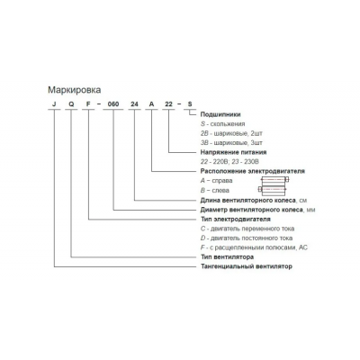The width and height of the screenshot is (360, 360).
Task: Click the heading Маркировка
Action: pos(75,90)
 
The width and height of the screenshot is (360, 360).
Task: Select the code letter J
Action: pos(54,104)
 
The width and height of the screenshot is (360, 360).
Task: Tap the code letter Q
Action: pos(71,104)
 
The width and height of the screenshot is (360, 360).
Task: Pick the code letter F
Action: pos(88,104)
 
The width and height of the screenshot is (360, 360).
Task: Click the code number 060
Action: pos(113,104)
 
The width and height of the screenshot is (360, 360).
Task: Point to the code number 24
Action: pos(135,104)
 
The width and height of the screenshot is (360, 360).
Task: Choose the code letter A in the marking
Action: pos(152,104)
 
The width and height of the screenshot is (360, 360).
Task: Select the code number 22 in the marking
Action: pos(169,104)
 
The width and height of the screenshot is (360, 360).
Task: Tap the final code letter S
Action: pos(190,104)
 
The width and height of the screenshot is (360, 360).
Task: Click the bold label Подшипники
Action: pos(220,114)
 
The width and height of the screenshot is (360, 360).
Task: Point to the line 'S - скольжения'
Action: pos(223,124)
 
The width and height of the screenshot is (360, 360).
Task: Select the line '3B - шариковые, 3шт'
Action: pos(231,143)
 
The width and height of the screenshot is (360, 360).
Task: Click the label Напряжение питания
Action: pos(233,152)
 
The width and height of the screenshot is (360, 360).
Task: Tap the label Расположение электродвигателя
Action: pos(253,171)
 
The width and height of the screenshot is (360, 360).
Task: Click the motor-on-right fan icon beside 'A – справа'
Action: pos(274,179)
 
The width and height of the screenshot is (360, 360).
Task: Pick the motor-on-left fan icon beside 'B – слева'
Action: pos(273,189)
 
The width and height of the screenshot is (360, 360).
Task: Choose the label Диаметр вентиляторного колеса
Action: pos(252,210)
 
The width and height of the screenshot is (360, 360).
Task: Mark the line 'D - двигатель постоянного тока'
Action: pos(247,238)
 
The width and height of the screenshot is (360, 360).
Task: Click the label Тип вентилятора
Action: pos(227,257)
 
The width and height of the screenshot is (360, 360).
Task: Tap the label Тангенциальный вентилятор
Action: pos(247,266)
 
